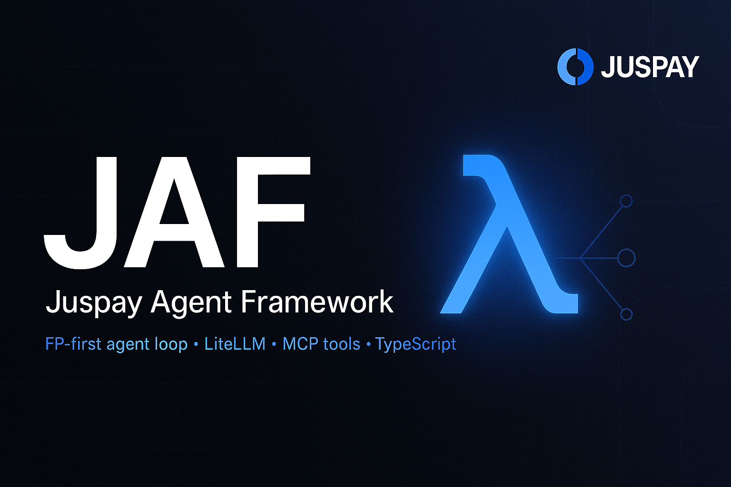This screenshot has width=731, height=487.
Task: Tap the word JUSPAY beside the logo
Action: (x=650, y=67)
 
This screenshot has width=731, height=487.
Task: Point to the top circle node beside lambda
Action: (x=626, y=201)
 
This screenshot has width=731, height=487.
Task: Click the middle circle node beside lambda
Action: (x=626, y=258)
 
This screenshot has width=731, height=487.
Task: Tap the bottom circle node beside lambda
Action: (x=626, y=314)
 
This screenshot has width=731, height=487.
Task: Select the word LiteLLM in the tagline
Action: (x=235, y=344)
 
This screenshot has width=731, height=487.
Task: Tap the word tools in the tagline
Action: (x=341, y=344)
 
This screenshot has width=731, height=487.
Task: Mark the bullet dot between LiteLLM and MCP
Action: (x=274, y=345)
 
